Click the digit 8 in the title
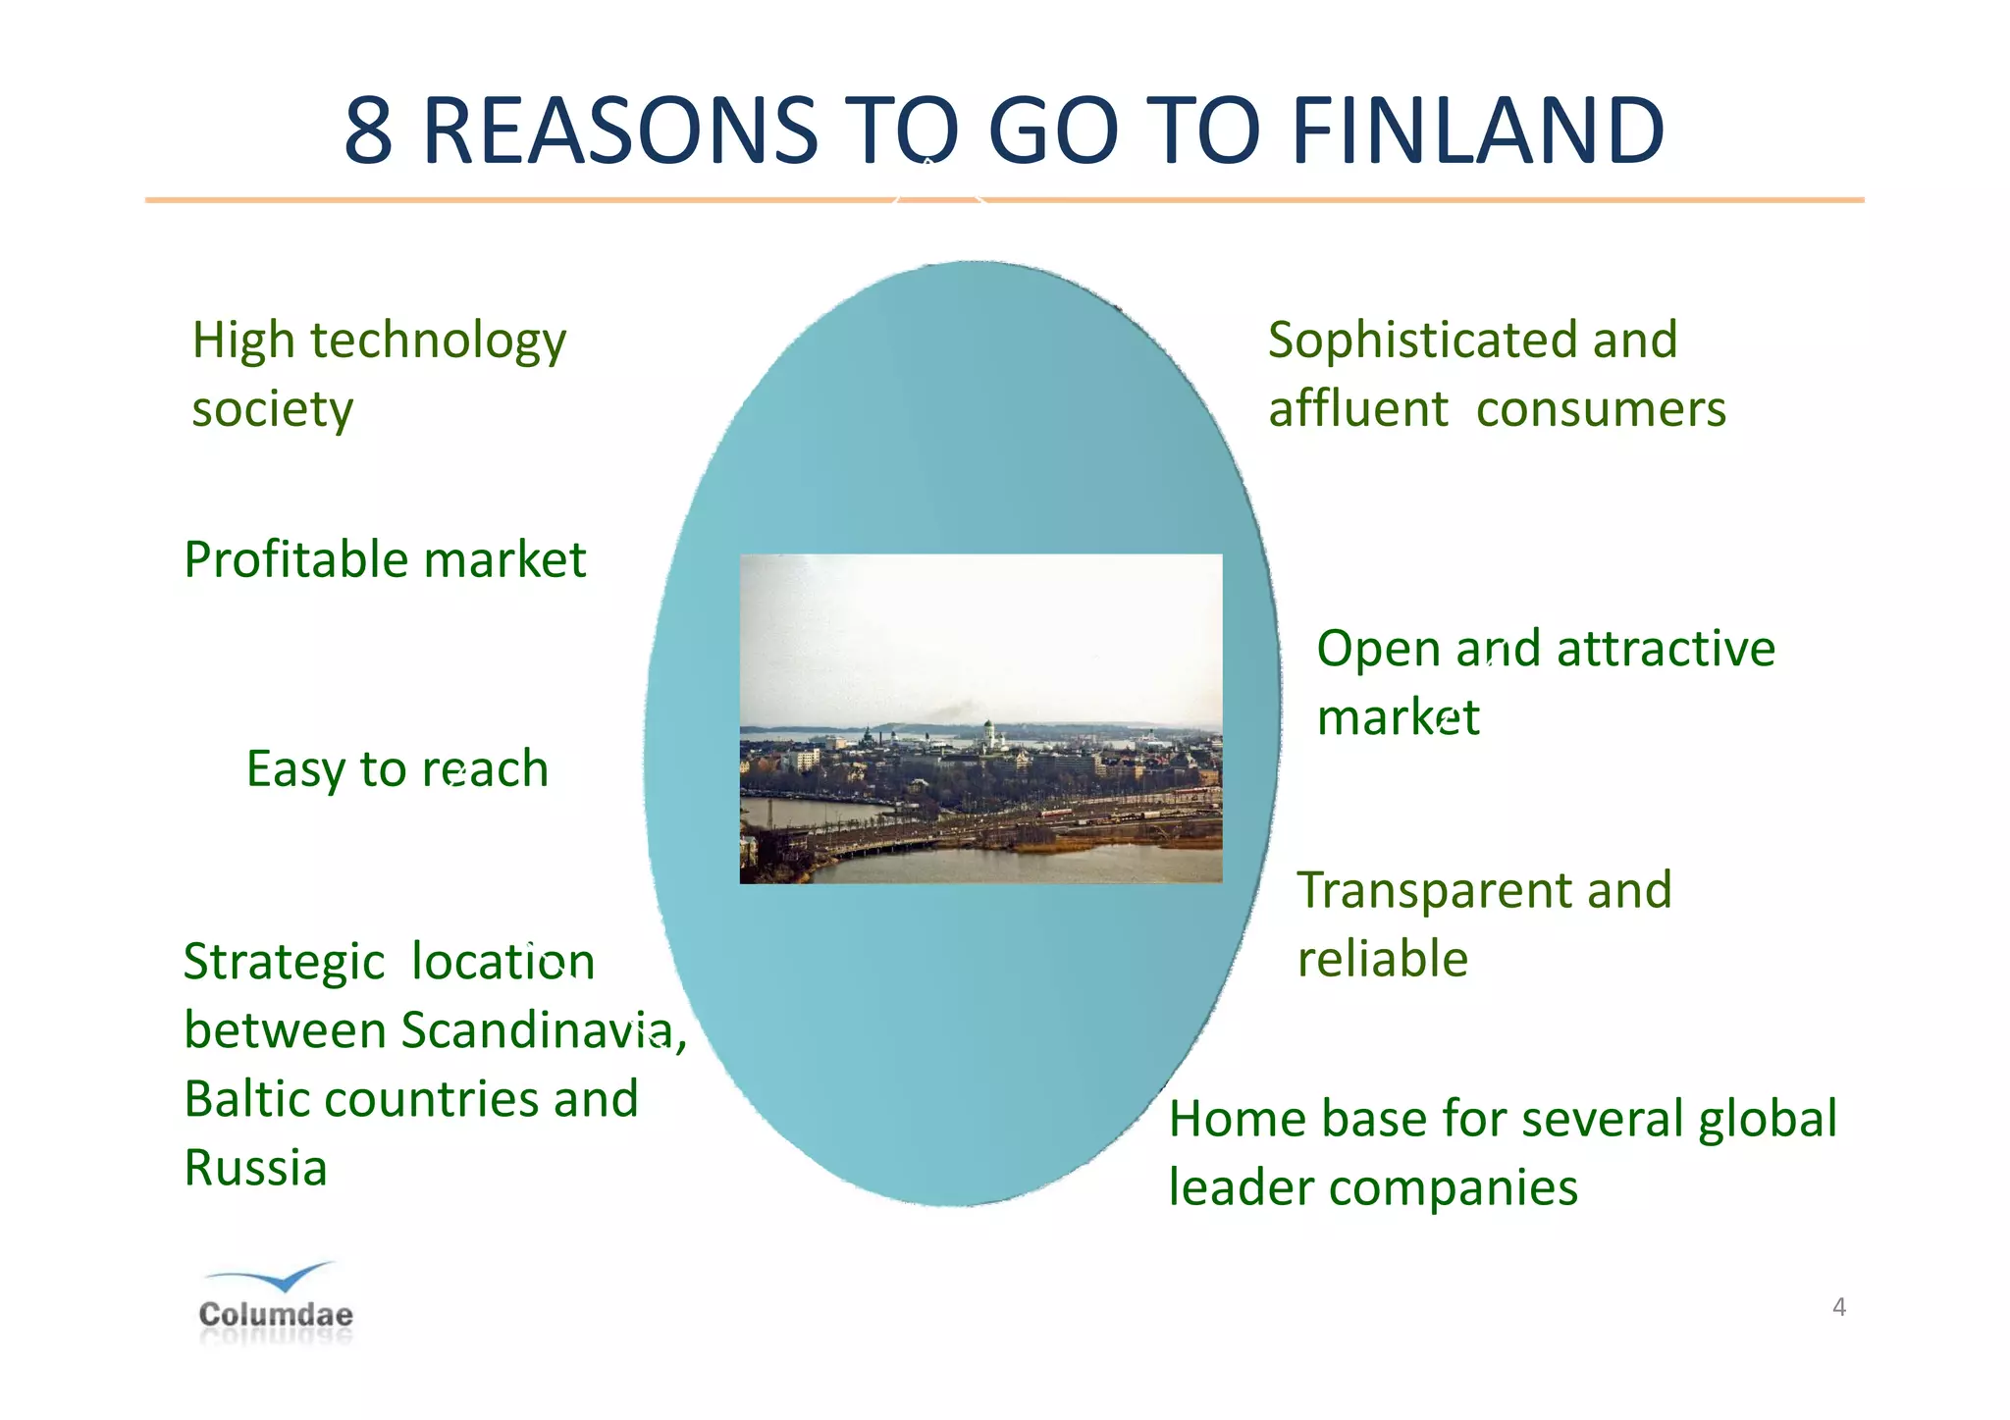(x=368, y=131)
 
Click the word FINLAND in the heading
(x=1477, y=131)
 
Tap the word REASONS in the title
(x=619, y=131)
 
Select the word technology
(x=438, y=342)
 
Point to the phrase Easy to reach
(x=397, y=768)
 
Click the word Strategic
(x=284, y=963)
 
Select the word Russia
(x=255, y=1168)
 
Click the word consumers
(x=1600, y=409)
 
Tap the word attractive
(x=1666, y=649)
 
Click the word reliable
(x=1382, y=959)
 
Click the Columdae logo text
(x=276, y=1314)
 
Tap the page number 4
(x=1838, y=1307)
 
